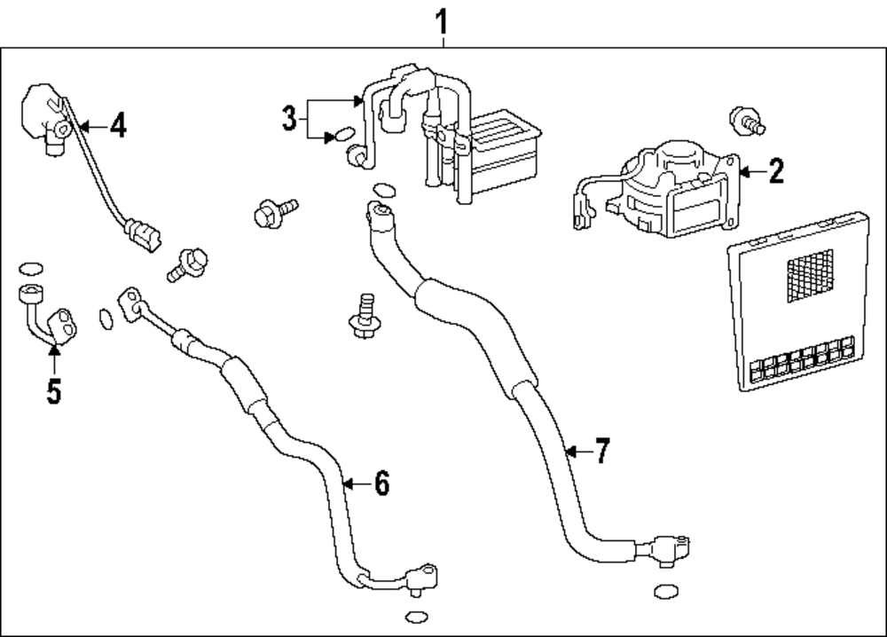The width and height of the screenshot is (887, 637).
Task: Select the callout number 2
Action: point(776,171)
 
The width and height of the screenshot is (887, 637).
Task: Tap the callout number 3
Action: point(288,119)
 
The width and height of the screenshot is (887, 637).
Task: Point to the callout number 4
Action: point(117,127)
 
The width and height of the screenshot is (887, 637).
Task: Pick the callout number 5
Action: point(54,390)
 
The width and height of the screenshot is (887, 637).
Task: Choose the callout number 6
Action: point(381,484)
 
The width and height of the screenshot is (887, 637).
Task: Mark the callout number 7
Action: point(602,452)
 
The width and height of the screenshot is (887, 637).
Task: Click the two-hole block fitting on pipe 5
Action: point(63,323)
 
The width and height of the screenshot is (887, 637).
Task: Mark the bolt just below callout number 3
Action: point(271,213)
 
